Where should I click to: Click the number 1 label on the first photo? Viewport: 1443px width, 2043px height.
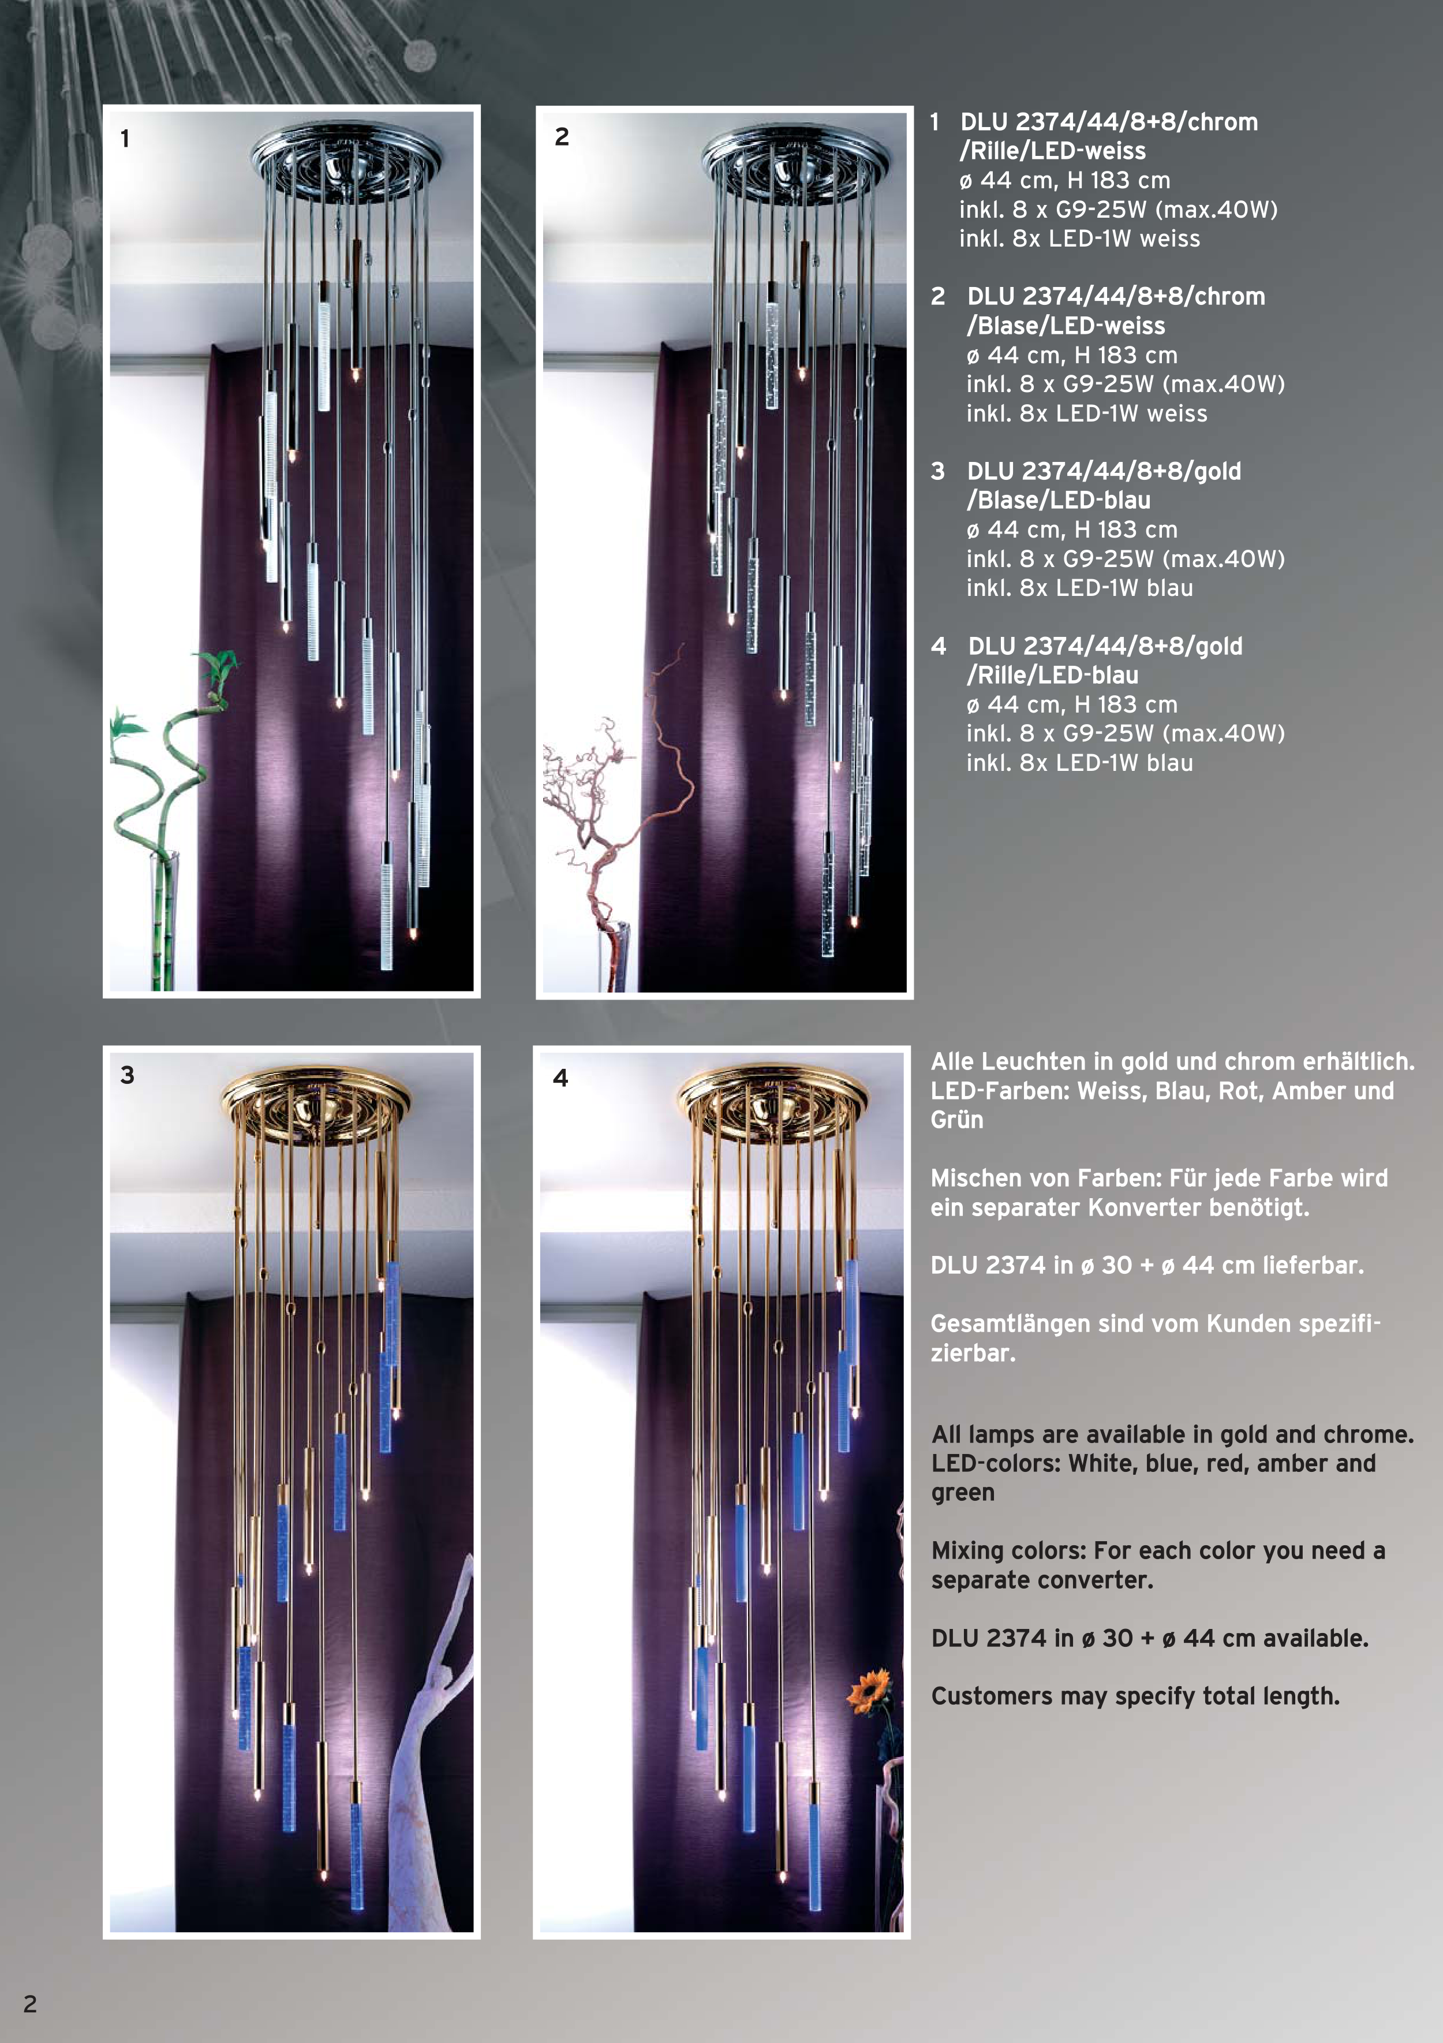pos(125,139)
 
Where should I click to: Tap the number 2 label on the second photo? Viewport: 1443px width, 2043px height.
pos(562,137)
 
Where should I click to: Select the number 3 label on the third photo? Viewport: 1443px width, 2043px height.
pos(127,1075)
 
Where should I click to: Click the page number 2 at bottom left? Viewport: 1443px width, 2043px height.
pos(30,2004)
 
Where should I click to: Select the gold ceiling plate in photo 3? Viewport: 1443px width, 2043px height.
pos(317,1103)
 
